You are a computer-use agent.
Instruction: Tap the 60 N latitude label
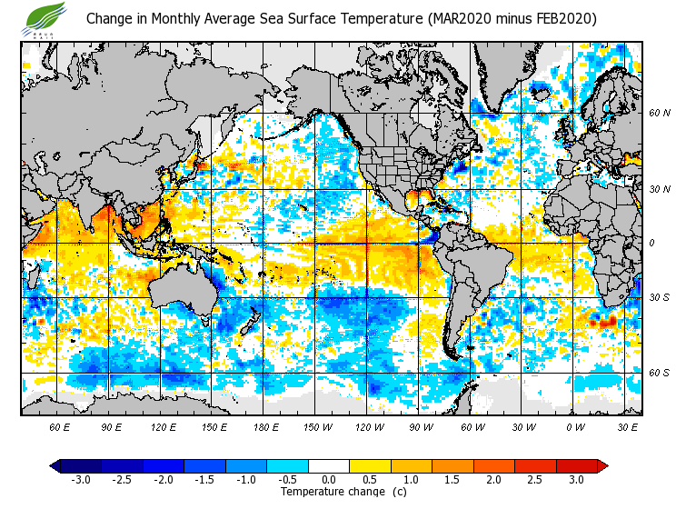click(659, 113)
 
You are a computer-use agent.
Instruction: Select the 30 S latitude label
click(659, 298)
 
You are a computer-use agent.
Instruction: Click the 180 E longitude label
click(266, 427)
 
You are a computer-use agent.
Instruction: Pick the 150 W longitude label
click(318, 427)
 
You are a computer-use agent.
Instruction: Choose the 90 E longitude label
click(112, 427)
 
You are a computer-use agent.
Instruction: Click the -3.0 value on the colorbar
click(82, 479)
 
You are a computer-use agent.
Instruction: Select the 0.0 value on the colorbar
click(330, 479)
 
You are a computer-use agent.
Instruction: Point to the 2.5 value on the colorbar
click(535, 479)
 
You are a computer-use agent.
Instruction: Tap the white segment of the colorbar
click(329, 465)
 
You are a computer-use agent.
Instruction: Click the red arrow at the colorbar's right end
click(601, 465)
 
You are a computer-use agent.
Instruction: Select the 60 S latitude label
click(659, 372)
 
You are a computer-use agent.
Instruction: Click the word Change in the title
click(108, 19)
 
